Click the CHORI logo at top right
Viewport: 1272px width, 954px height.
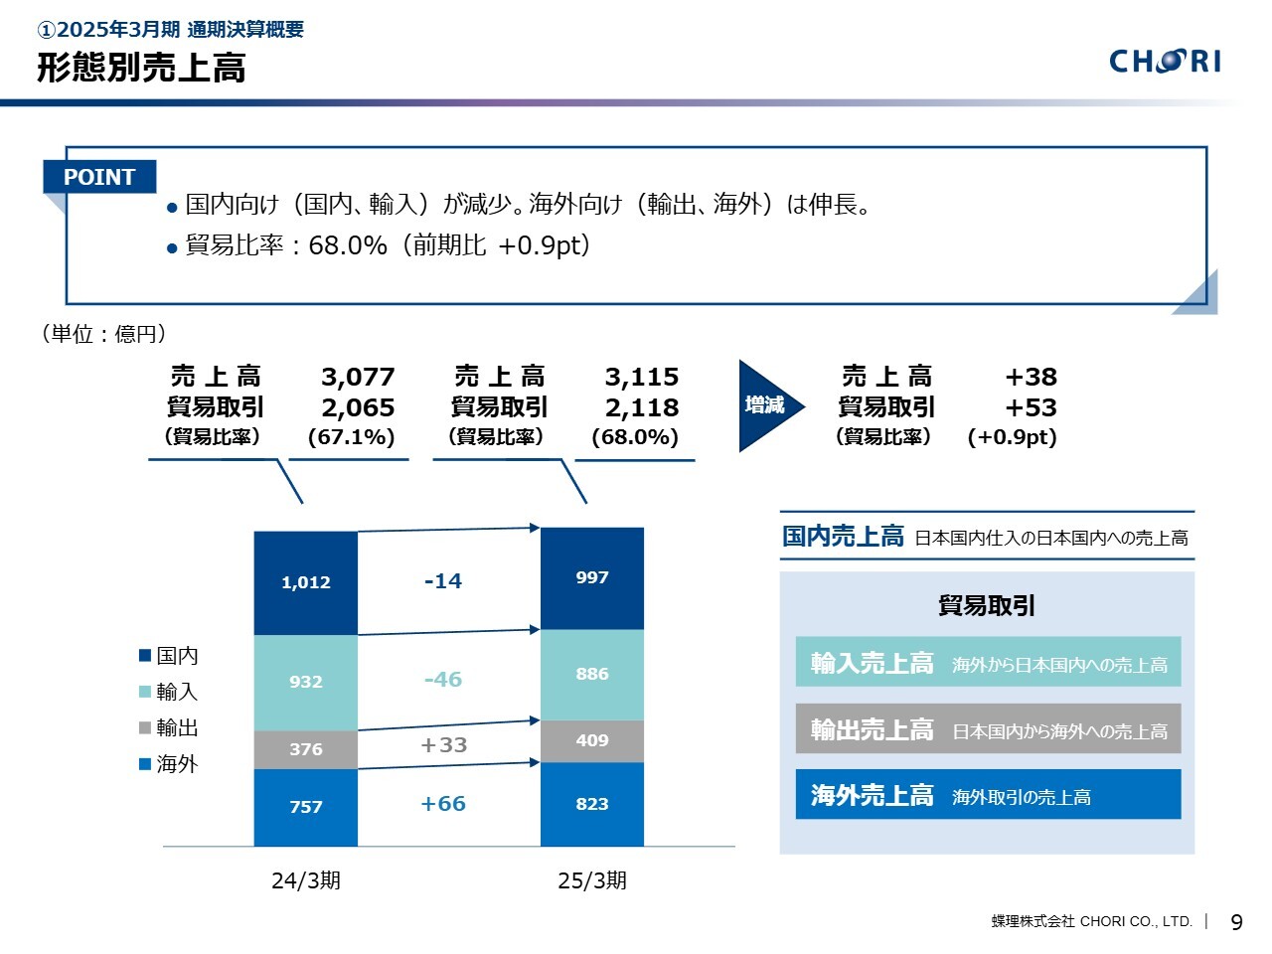point(1165,62)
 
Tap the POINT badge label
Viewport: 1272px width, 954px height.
point(99,177)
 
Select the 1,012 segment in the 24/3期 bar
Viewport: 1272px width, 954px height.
point(305,582)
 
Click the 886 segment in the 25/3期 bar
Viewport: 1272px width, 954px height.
point(591,674)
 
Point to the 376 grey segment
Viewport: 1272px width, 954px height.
point(305,749)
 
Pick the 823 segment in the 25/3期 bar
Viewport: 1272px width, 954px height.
point(591,804)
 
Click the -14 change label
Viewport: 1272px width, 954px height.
point(443,581)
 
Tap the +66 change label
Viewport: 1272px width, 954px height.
point(443,804)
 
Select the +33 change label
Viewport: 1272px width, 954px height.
point(443,745)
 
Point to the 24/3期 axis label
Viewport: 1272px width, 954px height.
point(306,880)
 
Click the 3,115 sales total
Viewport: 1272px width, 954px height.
point(642,378)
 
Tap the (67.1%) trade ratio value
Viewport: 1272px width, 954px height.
point(352,437)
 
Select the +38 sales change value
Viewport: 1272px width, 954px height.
point(1031,378)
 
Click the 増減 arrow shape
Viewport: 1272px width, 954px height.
point(768,405)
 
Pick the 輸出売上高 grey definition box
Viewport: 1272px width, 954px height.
point(988,729)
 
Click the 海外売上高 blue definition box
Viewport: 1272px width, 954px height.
point(988,795)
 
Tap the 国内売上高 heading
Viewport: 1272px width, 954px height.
point(843,537)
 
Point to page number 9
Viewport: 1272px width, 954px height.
point(1236,922)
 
